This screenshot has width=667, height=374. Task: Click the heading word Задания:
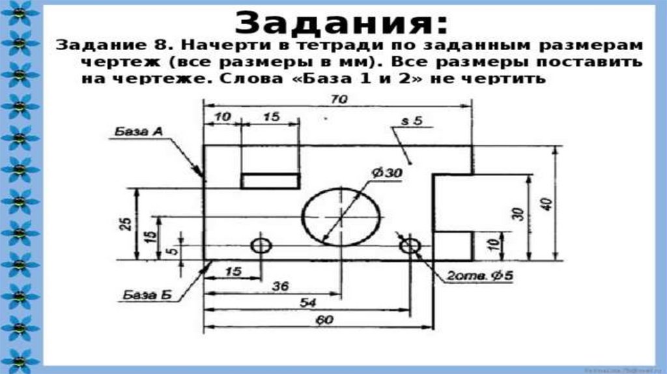click(x=341, y=23)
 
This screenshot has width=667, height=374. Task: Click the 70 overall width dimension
click(x=338, y=99)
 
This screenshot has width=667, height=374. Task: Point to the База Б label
click(x=146, y=295)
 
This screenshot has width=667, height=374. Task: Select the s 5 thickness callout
click(x=412, y=121)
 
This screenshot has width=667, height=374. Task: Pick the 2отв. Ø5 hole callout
click(x=479, y=276)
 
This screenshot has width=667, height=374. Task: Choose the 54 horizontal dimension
click(x=308, y=303)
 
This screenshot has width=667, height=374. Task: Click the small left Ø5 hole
click(x=261, y=246)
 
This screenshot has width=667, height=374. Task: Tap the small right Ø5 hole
click(x=410, y=246)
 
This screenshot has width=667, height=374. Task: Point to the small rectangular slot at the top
click(x=270, y=180)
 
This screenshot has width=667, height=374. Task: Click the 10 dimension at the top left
click(x=221, y=117)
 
